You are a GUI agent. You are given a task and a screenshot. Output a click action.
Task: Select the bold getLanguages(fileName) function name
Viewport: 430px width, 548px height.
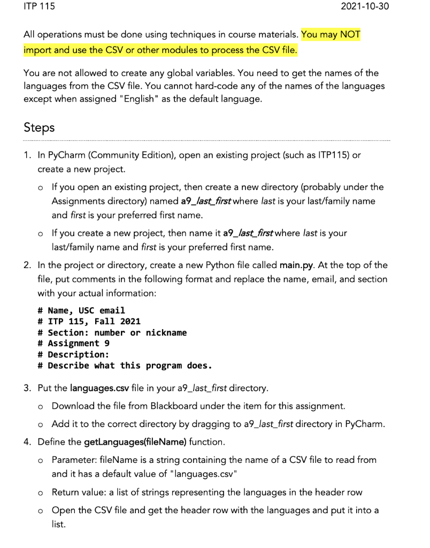click(x=135, y=443)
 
